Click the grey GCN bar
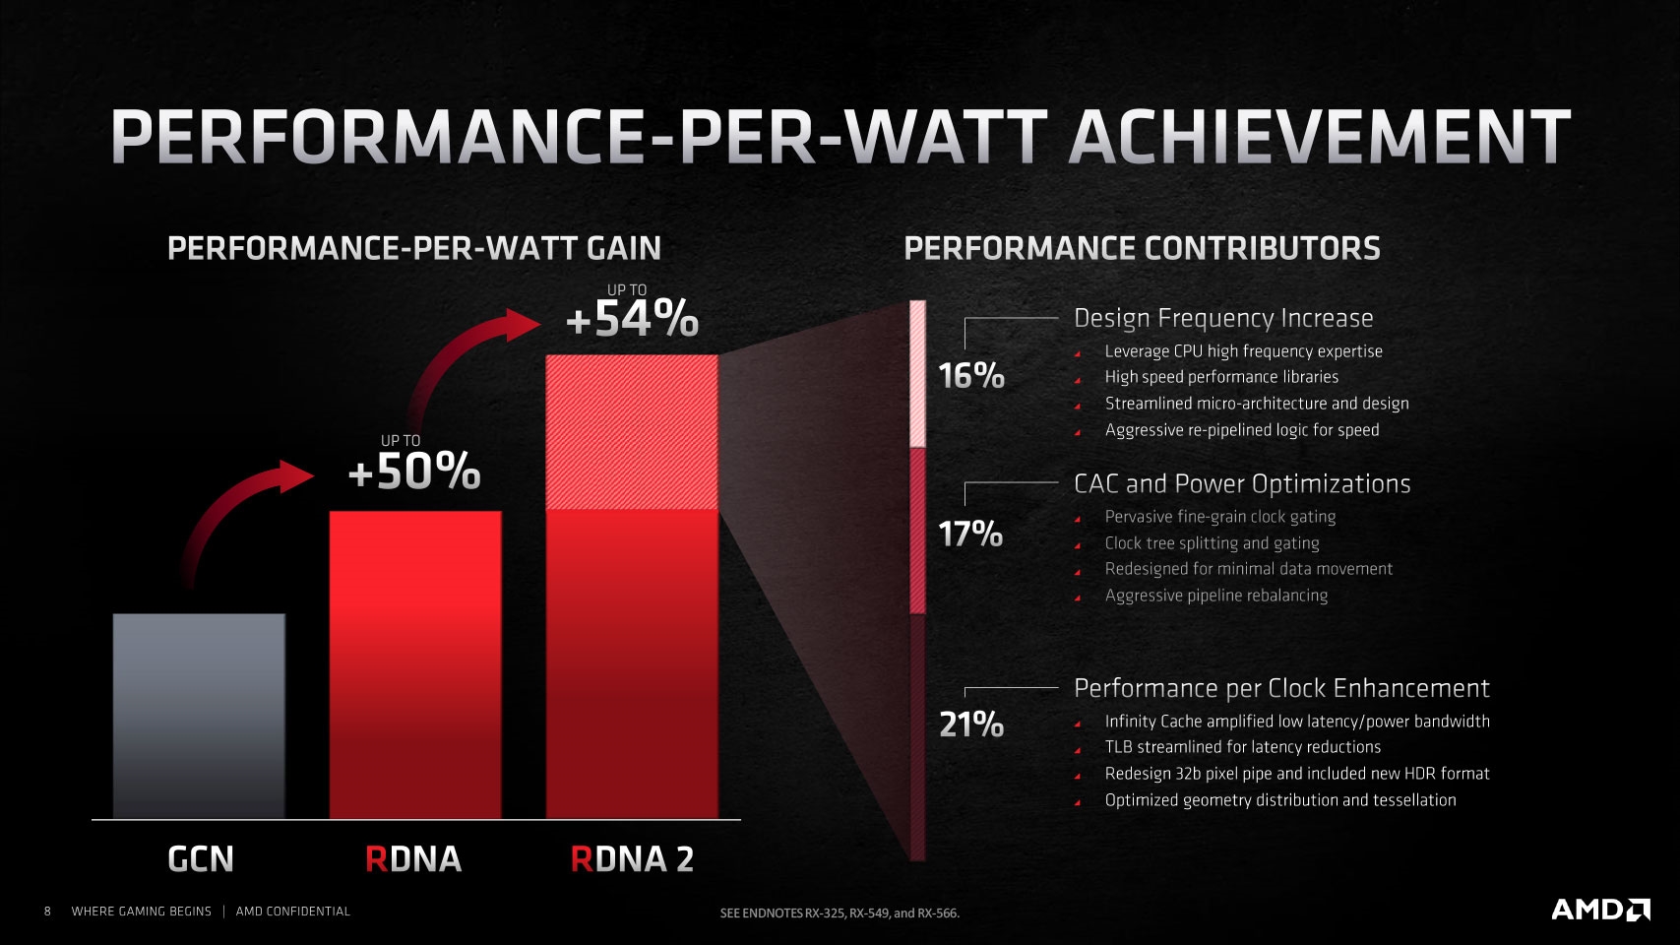click(199, 716)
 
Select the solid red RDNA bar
click(414, 664)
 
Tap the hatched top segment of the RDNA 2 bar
click(632, 432)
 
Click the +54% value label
click(632, 320)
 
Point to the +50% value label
click(414, 472)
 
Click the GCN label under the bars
click(201, 859)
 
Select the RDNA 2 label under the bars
click(632, 859)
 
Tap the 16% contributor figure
click(970, 376)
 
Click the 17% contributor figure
click(970, 535)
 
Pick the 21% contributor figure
click(970, 725)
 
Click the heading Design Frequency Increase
click(1223, 318)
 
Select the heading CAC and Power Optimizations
click(1242, 483)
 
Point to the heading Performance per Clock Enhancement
click(1281, 688)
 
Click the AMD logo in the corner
click(1600, 910)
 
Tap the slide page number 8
click(47, 912)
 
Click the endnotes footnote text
click(840, 913)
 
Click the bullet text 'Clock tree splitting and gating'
click(1212, 543)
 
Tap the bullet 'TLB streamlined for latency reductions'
click(1242, 747)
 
